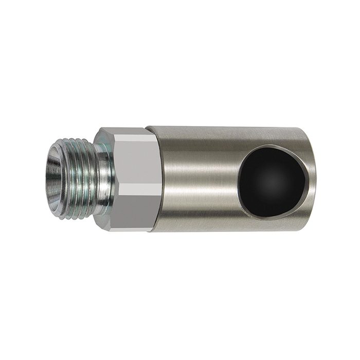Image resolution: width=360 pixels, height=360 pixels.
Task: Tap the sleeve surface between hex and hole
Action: [201, 177]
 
